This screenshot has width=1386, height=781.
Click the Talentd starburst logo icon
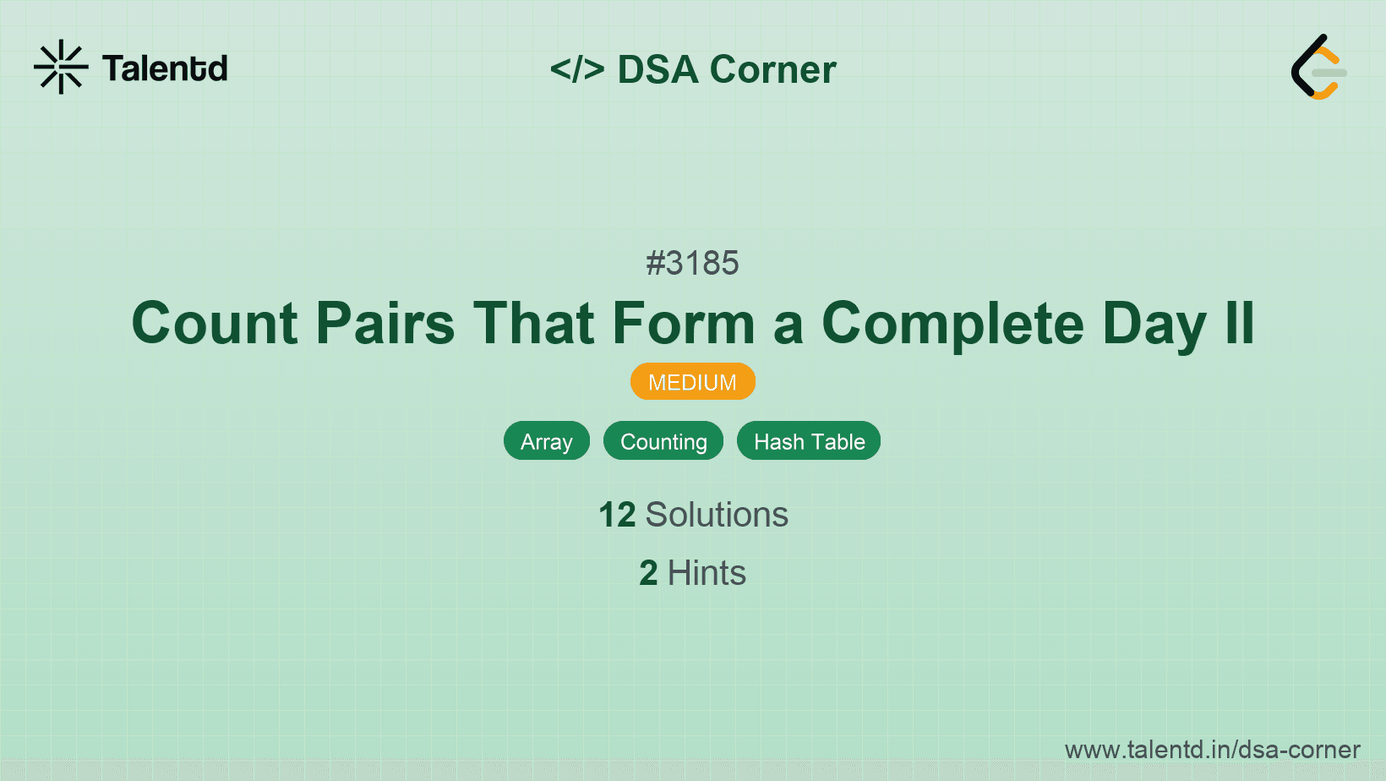(x=61, y=67)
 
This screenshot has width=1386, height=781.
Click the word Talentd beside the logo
(x=165, y=68)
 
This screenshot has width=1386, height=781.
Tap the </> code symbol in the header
(x=577, y=69)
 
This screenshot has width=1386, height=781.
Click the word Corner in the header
(x=773, y=69)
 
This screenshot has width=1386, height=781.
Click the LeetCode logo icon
(x=1318, y=67)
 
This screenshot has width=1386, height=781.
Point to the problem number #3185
(x=692, y=263)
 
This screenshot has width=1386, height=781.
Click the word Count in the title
(x=215, y=324)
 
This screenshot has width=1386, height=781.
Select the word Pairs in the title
(x=385, y=324)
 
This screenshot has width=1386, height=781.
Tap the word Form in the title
(x=683, y=324)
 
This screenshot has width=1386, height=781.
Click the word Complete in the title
(x=952, y=324)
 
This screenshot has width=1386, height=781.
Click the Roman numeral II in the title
(x=1240, y=324)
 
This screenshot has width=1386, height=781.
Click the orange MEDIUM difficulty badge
(x=692, y=382)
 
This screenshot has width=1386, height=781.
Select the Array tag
(x=547, y=441)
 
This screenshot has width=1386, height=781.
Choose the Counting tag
(x=663, y=441)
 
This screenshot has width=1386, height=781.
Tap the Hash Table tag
(x=809, y=441)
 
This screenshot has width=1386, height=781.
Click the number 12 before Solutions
(x=617, y=515)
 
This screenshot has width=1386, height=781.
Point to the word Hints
(x=707, y=573)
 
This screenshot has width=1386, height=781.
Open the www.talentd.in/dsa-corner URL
(x=1212, y=750)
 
